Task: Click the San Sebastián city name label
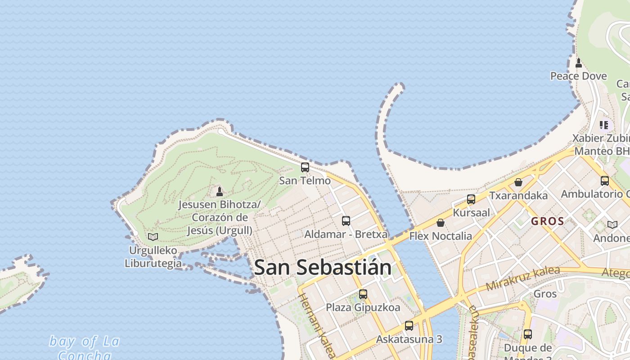[322, 267]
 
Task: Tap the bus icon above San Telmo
[305, 167]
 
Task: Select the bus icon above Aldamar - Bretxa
[346, 221]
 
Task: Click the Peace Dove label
[578, 76]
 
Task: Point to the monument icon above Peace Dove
[579, 63]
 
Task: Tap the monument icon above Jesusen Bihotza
[220, 192]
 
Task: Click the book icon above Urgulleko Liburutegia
[153, 237]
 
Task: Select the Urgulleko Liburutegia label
[153, 257]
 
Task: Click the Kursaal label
[471, 212]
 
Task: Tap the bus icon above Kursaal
[471, 199]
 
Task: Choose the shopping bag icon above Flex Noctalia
[441, 223]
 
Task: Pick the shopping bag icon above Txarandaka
[518, 182]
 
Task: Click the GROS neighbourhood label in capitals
[547, 221]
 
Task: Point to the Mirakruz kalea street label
[523, 278]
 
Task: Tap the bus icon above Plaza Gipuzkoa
[363, 294]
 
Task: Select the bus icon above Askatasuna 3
[409, 326]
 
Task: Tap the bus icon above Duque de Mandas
[527, 334]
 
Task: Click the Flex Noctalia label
[441, 236]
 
